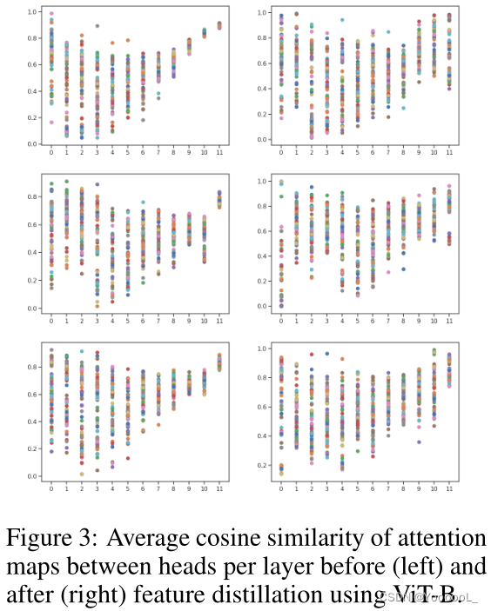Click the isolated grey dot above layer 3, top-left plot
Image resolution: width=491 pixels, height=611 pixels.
point(97,26)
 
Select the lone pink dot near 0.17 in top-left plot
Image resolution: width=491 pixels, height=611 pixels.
point(51,123)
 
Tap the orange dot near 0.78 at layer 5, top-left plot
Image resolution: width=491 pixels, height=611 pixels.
point(128,40)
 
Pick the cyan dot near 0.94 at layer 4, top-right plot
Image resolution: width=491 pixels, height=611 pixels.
point(342,20)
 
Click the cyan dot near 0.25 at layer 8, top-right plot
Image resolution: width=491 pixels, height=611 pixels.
point(403,108)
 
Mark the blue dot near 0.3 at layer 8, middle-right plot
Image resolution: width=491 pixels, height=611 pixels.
point(403,269)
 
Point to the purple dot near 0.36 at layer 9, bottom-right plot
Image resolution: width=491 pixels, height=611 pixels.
point(418,442)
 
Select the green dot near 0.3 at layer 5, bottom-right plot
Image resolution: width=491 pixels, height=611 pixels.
point(358,451)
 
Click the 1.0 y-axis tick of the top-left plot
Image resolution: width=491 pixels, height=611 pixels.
point(30,12)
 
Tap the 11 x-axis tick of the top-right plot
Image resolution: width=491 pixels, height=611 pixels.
point(449,152)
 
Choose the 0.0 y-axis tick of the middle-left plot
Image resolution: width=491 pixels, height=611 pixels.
point(30,309)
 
